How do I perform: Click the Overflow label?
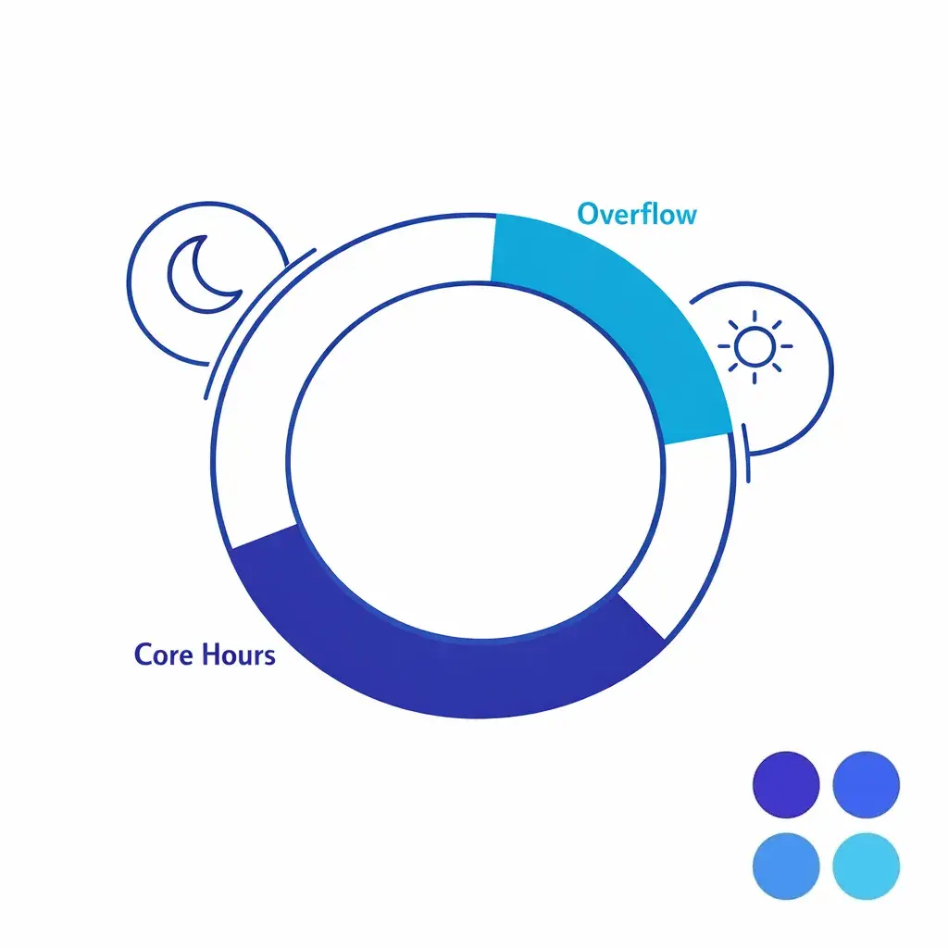[637, 214]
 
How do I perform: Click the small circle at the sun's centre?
[755, 347]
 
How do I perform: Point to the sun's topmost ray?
[755, 316]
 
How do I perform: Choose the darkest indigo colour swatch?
[787, 783]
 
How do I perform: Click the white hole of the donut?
[477, 458]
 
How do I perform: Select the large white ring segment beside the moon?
[278, 370]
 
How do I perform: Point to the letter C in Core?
[143, 655]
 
